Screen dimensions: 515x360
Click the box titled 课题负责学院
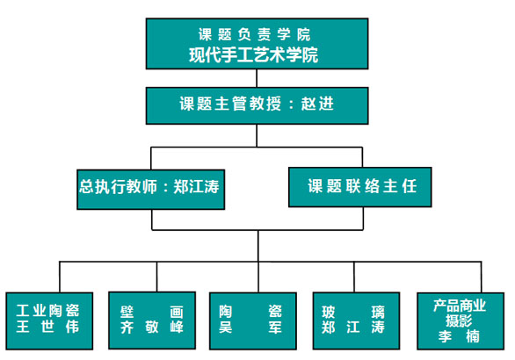(x=257, y=44)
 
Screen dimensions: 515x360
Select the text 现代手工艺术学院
(x=254, y=54)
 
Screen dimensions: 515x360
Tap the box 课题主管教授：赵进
(x=257, y=105)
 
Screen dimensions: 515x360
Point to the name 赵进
(x=317, y=104)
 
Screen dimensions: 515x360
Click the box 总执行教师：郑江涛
(x=151, y=190)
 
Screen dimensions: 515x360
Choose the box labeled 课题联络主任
(x=360, y=187)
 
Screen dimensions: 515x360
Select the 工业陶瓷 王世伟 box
(x=49, y=320)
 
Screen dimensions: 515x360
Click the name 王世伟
(x=47, y=327)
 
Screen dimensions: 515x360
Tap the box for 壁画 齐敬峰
(x=152, y=320)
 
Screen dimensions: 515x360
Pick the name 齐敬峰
(x=152, y=327)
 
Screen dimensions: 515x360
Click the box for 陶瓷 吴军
(x=253, y=320)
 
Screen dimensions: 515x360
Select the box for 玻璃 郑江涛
(x=356, y=320)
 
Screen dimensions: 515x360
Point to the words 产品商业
(x=459, y=306)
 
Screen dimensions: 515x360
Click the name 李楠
(x=459, y=336)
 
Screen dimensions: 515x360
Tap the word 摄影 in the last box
(x=459, y=321)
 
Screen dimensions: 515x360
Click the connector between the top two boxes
(x=257, y=78)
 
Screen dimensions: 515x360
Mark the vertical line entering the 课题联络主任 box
(x=362, y=157)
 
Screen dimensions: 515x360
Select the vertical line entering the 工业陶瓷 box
(x=60, y=277)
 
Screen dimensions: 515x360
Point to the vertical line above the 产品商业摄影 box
(x=482, y=277)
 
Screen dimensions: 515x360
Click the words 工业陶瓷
(x=47, y=311)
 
